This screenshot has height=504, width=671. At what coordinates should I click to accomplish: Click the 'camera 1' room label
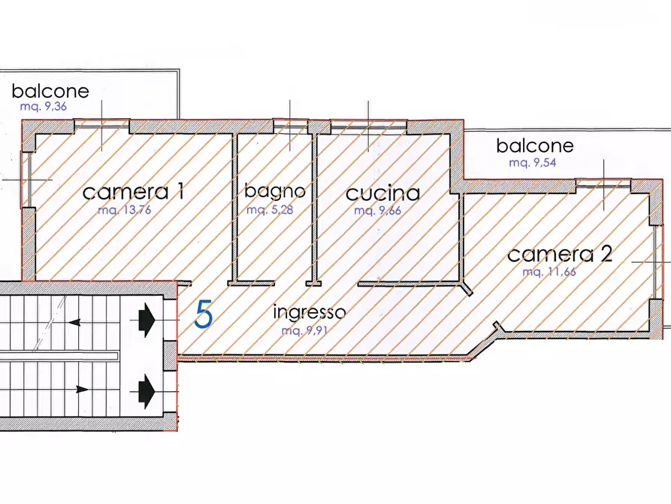coord(133,192)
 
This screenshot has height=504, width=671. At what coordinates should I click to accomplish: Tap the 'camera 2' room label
coord(559,254)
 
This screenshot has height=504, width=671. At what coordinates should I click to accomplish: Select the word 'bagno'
coord(274,191)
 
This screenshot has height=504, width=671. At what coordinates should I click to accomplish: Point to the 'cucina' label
coord(382,193)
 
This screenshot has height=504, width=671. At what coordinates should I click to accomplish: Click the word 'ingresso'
coord(309,311)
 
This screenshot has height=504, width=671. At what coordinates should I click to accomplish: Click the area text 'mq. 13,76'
coord(125,211)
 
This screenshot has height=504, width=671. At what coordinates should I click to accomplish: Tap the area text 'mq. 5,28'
coord(269,210)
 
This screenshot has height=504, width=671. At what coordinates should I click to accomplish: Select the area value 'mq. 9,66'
coord(377,211)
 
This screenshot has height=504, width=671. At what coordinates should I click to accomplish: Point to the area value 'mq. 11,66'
coord(549,272)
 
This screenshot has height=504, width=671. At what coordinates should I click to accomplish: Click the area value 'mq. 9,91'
coord(304,330)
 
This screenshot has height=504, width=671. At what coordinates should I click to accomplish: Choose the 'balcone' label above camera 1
coord(50,92)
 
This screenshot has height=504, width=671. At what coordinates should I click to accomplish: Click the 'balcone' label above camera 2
coord(534,145)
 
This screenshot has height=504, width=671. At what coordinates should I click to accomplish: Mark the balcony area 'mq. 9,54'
coord(532,162)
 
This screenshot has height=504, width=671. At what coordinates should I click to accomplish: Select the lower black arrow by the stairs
coord(147,390)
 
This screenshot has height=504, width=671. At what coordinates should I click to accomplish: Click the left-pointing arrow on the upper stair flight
coord(75,323)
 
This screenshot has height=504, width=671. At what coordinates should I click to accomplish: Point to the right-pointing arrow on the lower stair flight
coord(81,389)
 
